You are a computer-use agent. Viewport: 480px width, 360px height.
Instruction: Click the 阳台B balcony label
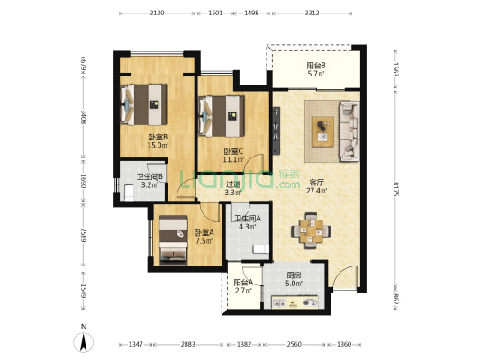tap(316, 69)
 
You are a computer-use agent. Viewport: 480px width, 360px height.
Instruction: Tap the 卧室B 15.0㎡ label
tap(158, 141)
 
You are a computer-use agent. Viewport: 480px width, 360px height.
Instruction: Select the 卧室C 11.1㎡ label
tap(233, 156)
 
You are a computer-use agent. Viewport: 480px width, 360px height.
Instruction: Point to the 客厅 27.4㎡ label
tap(316, 187)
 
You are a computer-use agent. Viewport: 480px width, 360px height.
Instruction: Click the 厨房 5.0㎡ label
tap(294, 279)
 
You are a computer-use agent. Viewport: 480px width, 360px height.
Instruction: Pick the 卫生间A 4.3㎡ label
tap(248, 222)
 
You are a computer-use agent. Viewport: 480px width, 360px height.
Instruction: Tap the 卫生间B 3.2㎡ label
tap(151, 181)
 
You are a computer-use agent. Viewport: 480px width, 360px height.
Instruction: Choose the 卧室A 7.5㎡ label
tap(204, 237)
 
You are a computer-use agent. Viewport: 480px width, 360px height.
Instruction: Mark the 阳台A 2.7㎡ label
tap(243, 286)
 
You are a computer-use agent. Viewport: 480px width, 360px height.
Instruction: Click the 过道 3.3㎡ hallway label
tap(233, 188)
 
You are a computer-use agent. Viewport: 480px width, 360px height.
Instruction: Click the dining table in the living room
tap(311, 230)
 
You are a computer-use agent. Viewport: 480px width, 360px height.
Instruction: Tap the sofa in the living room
tap(349, 131)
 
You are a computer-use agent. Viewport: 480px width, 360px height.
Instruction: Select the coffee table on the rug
tap(322, 131)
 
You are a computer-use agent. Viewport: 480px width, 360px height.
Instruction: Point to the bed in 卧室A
tap(173, 240)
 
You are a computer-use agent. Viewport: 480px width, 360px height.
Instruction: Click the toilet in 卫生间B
tap(129, 193)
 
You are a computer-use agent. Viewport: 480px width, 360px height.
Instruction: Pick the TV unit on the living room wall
tap(276, 130)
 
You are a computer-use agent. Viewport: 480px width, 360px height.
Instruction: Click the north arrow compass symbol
tap(83, 342)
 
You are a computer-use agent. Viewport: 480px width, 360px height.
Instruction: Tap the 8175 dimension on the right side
tap(395, 189)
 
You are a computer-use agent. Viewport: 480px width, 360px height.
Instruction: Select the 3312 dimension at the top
tap(312, 13)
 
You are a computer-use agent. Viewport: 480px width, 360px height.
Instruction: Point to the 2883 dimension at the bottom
tap(187, 344)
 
